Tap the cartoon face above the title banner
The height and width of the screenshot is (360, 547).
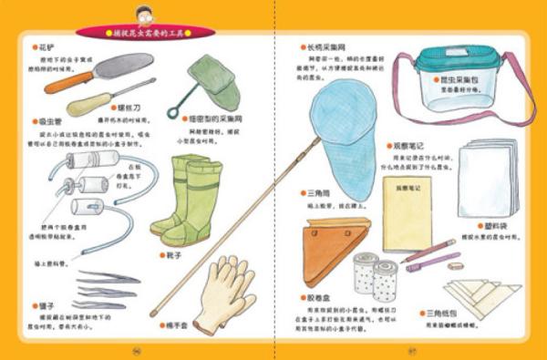click(144, 14)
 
